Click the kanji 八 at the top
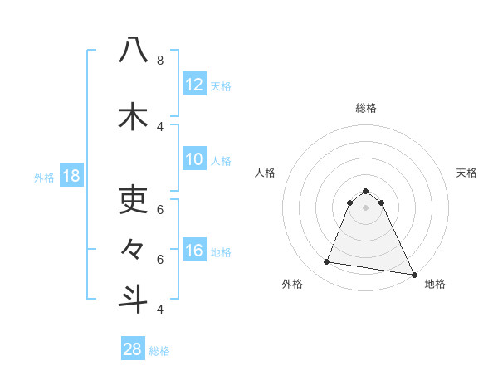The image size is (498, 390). point(133,51)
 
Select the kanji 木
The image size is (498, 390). point(133,116)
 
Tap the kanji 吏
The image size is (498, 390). point(133,198)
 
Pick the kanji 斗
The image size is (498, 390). point(133,299)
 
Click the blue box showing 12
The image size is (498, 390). point(194,85)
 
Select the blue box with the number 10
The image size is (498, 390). point(194,159)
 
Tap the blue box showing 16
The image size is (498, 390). point(194,251)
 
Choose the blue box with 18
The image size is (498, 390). point(71,176)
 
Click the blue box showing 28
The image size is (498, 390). point(133,349)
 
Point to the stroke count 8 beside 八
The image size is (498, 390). point(159,61)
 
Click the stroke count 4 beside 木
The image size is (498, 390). point(159,126)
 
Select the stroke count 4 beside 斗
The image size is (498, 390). point(159,309)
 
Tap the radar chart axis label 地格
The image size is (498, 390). point(435,284)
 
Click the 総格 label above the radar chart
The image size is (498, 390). point(366,108)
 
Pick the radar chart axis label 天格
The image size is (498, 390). point(467,173)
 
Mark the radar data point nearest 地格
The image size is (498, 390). point(413,274)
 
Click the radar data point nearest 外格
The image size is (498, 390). point(327,262)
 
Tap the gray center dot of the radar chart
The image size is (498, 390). point(366,207)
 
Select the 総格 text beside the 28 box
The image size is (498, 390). point(159,351)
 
